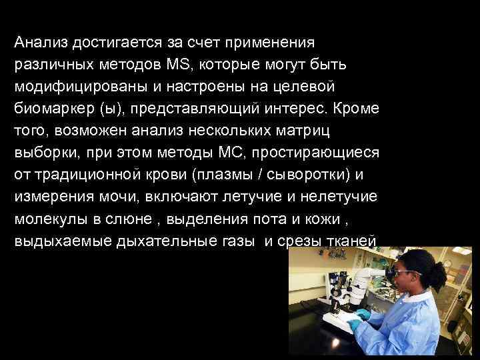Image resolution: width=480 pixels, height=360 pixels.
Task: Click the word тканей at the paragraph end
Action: pyautogui.click(x=354, y=241)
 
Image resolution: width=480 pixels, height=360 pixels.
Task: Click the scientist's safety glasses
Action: pyautogui.click(x=407, y=273)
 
